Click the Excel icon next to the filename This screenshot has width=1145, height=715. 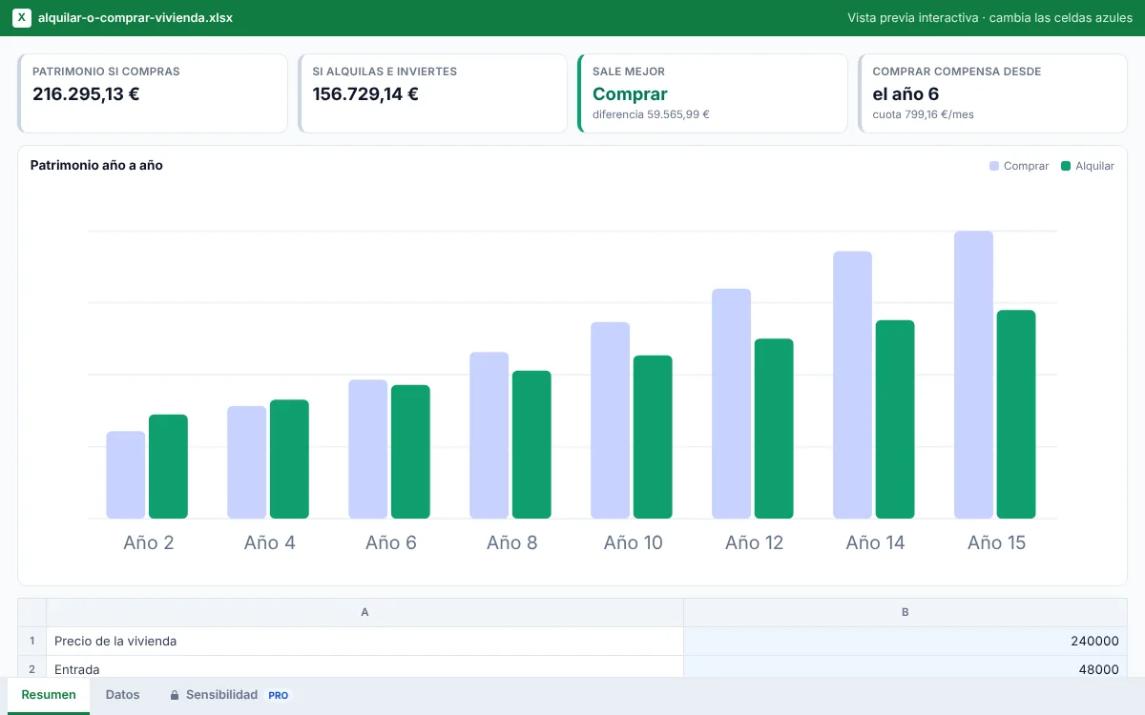21,18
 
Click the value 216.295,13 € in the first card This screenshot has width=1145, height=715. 86,94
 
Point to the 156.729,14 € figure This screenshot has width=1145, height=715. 365,94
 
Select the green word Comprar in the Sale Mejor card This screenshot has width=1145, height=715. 630,94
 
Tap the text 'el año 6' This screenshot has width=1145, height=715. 906,94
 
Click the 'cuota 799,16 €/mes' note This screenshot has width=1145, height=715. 923,114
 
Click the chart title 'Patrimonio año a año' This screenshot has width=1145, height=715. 96,166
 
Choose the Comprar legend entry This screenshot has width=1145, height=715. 1019,166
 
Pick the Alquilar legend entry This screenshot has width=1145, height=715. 1087,166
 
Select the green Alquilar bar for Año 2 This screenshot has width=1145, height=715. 168,466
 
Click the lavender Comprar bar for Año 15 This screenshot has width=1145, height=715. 973,375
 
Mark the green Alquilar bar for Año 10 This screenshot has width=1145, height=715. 653,437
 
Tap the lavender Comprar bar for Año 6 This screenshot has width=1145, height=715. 367,449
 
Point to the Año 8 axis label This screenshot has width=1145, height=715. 511,542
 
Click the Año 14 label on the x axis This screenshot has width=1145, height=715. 875,542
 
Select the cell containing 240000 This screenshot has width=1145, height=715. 905,641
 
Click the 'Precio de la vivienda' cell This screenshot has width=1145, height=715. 364,641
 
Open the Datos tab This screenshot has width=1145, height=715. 123,695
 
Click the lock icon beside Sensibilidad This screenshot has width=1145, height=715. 175,695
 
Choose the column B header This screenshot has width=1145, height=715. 905,612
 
